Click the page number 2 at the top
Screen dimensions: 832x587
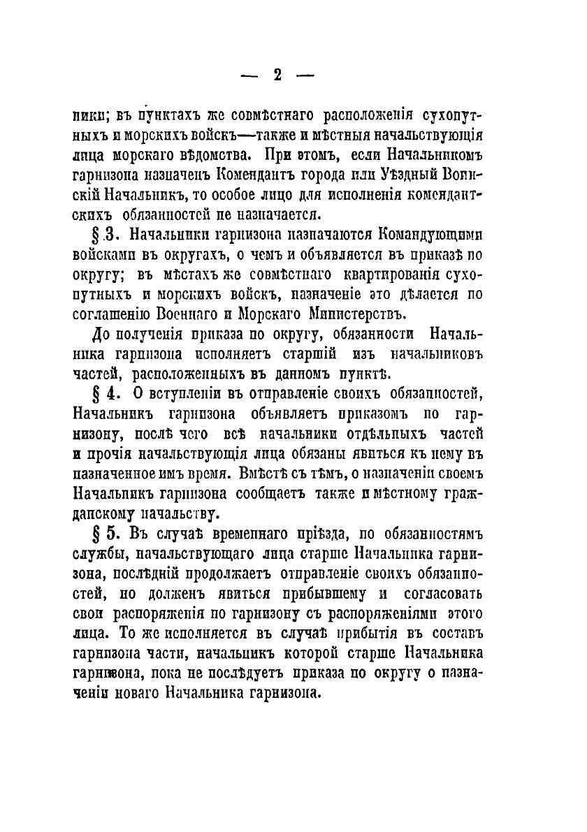click(x=277, y=75)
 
